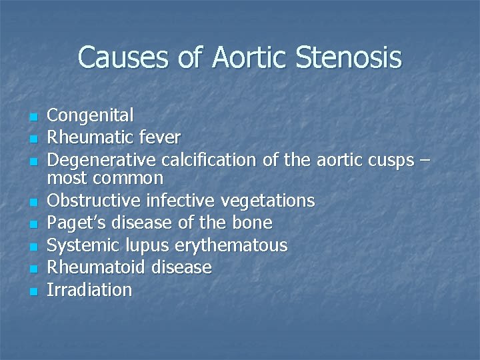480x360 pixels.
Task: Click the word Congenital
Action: tap(91, 115)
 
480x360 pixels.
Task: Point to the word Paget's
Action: tap(73, 222)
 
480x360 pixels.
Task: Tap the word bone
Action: tap(250, 222)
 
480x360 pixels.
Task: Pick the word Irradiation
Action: tap(90, 290)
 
